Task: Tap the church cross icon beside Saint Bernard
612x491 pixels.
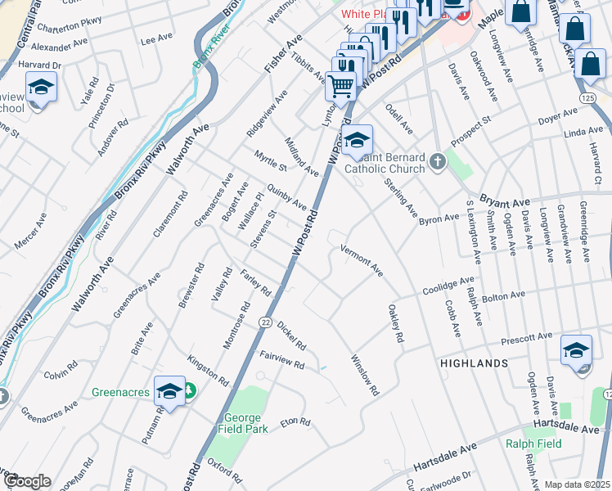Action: tap(438, 161)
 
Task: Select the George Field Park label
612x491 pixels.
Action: tap(244, 422)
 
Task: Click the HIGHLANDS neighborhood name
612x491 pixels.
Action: tap(474, 363)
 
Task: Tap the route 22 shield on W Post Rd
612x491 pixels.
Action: tap(266, 323)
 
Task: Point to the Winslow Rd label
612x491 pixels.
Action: tap(365, 375)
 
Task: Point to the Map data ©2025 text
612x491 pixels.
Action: tap(577, 484)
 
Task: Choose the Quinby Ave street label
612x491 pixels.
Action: tap(286, 196)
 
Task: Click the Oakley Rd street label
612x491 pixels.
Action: tap(395, 322)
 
